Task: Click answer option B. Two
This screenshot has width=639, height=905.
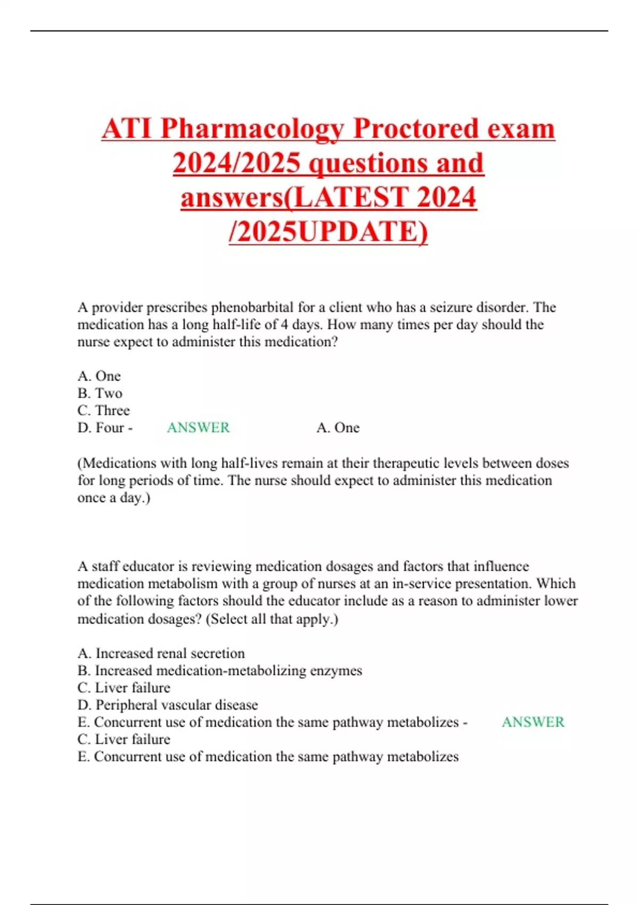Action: [100, 393]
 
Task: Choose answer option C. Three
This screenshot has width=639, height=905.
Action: [104, 410]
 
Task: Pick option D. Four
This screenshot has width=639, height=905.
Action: [101, 427]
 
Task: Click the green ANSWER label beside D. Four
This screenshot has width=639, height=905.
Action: [198, 427]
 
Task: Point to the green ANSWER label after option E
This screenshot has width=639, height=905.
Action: [533, 722]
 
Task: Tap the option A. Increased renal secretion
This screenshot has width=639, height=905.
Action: [161, 653]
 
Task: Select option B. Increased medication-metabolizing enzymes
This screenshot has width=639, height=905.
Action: [220, 670]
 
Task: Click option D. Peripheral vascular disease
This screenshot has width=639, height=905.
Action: [168, 705]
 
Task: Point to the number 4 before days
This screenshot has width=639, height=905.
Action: [285, 325]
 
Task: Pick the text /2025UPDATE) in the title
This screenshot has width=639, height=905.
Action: [328, 232]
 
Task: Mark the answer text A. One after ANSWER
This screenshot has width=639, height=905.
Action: [338, 427]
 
